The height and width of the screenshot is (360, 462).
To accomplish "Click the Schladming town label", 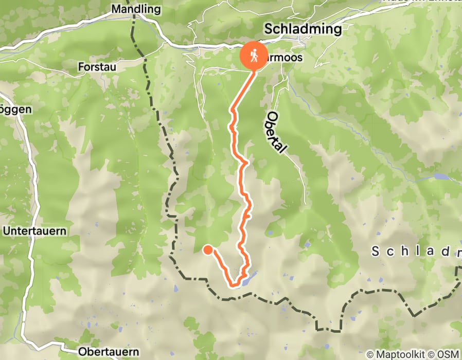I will coord(303,29).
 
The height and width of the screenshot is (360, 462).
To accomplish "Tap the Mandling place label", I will coord(136,9).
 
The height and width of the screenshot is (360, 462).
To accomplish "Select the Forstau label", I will coord(98,66).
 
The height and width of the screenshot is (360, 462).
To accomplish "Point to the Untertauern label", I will coord(34,231).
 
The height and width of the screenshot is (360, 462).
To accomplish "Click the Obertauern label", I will coord(109,352).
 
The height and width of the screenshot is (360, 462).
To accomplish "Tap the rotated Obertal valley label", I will coord(277,132).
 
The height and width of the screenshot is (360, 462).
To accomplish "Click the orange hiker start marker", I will coord(254,56).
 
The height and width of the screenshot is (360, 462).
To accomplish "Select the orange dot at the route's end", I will coord(208,250).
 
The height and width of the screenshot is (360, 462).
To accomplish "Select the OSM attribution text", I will coord(448,354).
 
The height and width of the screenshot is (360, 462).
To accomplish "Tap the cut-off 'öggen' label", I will coord(16,109).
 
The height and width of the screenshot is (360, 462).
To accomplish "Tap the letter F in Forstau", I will coord(81,66).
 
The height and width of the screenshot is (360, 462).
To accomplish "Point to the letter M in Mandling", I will coord(116,9).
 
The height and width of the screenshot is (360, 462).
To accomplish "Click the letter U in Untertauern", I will coord(6,231).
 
